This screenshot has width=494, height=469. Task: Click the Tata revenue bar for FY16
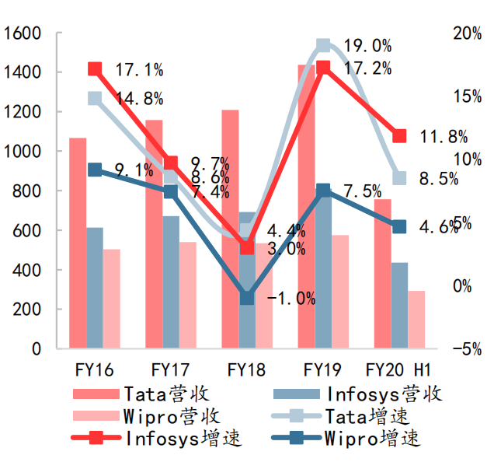click(x=78, y=243)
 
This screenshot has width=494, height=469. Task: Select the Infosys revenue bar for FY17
click(x=171, y=282)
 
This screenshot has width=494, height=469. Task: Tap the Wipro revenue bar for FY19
click(x=340, y=292)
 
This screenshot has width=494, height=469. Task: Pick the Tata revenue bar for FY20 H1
click(x=382, y=274)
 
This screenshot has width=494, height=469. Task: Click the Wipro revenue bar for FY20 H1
click(x=416, y=320)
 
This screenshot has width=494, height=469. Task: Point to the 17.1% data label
click(x=139, y=70)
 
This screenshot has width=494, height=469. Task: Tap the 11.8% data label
click(x=444, y=137)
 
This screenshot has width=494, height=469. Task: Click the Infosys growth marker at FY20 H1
click(x=399, y=136)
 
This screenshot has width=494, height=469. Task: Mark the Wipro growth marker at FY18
click(x=247, y=298)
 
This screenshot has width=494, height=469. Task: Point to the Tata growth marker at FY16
click(x=95, y=99)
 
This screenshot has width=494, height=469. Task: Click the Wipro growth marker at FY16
click(x=95, y=170)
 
